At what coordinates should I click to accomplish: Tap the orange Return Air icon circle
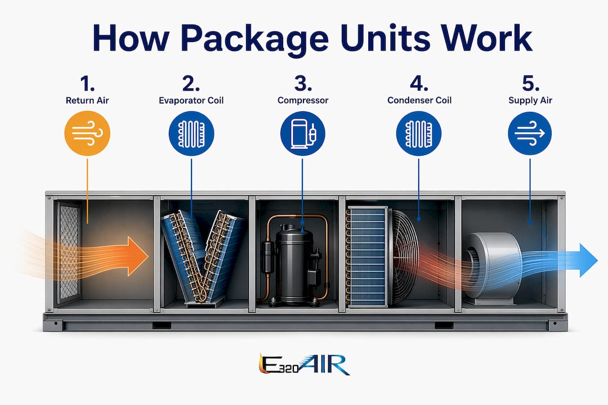click(x=87, y=133)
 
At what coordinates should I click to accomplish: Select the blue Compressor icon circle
click(x=302, y=133)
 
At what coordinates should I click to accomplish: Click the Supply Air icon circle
click(x=530, y=133)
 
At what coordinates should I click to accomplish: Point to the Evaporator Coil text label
click(x=191, y=100)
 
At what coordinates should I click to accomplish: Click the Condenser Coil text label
click(x=419, y=100)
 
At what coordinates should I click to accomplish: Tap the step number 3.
click(x=302, y=83)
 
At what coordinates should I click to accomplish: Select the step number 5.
click(x=530, y=83)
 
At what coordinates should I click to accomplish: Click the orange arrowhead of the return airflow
click(x=138, y=256)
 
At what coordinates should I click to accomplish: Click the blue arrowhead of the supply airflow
click(x=588, y=260)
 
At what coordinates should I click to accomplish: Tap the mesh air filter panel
click(x=69, y=253)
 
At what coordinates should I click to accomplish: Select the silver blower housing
click(x=493, y=267)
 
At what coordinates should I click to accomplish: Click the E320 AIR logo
click(x=304, y=364)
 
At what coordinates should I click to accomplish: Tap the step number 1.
click(x=87, y=83)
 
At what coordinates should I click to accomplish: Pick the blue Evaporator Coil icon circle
click(x=191, y=133)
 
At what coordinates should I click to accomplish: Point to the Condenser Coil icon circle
click(x=419, y=133)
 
